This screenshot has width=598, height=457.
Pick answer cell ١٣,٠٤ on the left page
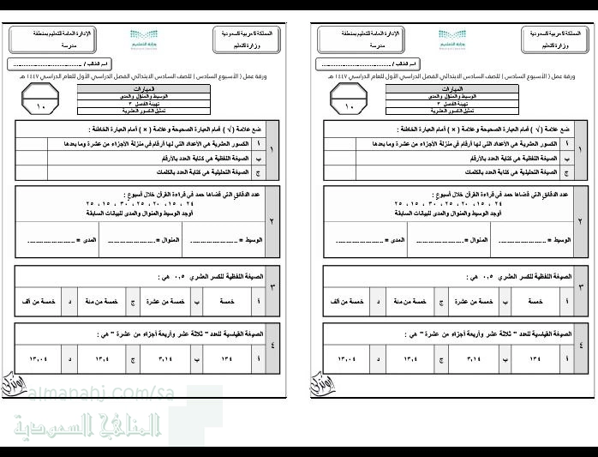[x=39, y=358]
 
